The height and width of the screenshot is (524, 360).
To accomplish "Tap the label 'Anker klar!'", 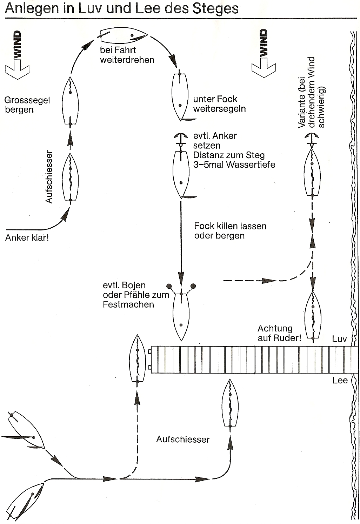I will pos(27,238).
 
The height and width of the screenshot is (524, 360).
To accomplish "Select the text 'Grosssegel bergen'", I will pos(27,105).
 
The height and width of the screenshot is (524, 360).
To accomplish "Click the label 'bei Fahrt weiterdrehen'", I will pos(127,55).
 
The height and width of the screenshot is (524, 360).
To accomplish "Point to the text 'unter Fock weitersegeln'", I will pos(219,104).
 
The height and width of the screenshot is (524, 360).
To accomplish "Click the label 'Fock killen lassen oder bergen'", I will pos(230,231).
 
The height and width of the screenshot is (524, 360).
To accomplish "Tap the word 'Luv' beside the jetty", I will pos(339,339).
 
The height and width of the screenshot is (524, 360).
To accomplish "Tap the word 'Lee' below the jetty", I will pos(340,381).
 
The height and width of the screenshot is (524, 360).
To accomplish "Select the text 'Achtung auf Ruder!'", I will pos(279,333).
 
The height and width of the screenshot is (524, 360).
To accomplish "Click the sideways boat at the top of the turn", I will pos(123,36).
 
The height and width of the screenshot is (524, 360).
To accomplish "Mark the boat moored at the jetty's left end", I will pos(138,359).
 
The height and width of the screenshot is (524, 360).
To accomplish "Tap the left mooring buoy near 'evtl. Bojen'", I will pos(169,285).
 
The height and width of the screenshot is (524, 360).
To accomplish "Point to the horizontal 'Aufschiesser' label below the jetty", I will pos(183,439).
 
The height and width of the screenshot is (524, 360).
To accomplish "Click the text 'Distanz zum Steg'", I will pos(229,155).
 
